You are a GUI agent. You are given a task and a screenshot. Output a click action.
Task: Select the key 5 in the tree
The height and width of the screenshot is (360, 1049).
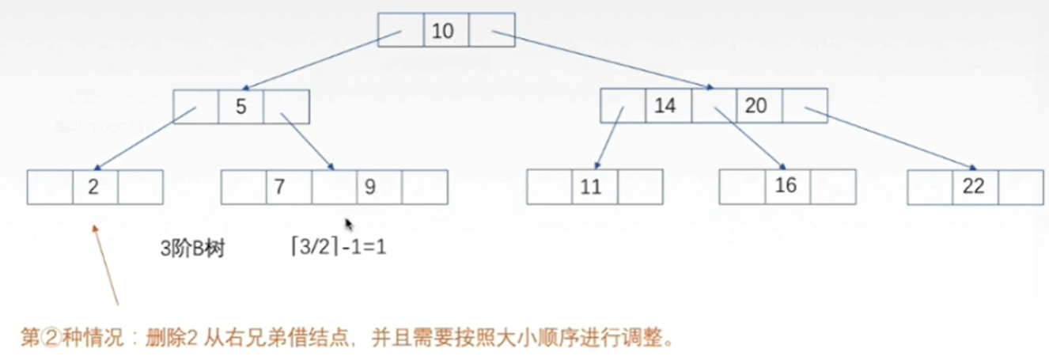pyautogui.click(x=240, y=106)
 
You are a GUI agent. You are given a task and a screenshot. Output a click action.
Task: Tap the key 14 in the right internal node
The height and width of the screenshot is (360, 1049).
pyautogui.click(x=668, y=105)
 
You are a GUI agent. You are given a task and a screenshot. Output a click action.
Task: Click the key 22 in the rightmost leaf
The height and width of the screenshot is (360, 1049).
pyautogui.click(x=975, y=188)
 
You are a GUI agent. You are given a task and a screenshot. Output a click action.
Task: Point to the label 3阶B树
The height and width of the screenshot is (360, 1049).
pyautogui.click(x=192, y=248)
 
